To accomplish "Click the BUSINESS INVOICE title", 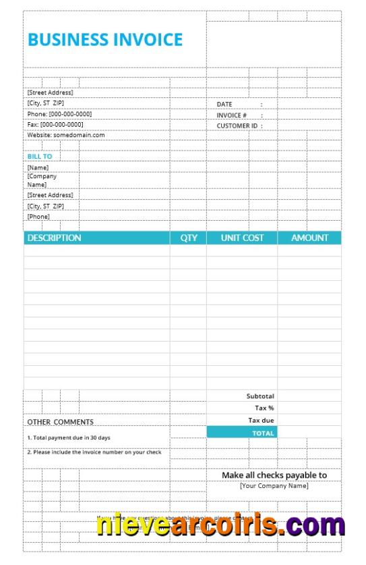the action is pos(105,39).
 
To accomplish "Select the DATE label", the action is pos(224,104).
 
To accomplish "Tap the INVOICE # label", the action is pos(232,115).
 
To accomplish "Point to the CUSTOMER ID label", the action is pos(237,126).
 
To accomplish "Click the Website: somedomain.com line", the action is pos(66,135).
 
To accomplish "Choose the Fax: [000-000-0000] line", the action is pos(55,124).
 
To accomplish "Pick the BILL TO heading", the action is pos(40,156).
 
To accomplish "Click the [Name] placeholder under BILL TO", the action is pos(38,167).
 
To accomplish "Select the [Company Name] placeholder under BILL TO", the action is pos(42,180).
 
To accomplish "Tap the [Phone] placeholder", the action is pos(38,217).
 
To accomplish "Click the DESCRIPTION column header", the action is pos(54,238).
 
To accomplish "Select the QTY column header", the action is pos(189,238).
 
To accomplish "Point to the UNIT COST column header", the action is pos(243,238).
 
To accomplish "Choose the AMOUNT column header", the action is pos(310,238).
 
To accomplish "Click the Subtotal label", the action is pos(260,396).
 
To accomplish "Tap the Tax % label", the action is pos(264,408).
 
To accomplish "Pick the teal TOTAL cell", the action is pos(242,433).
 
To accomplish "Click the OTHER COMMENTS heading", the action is pos(61,422).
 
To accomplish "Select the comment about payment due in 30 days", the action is pos(69,437).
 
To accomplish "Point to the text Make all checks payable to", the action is pos(274,475).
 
